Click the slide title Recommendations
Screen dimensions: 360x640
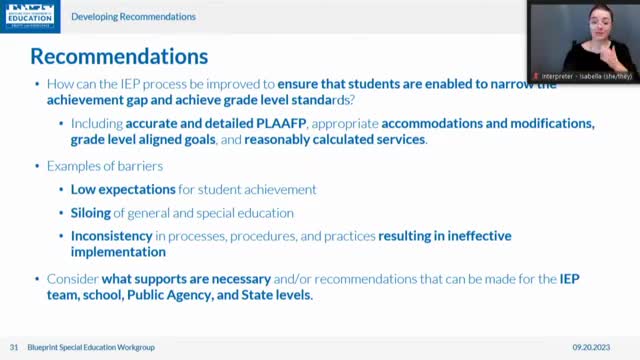[x=119, y=54]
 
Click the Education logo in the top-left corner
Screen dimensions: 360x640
[x=30, y=15]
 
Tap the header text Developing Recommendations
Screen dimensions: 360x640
[x=134, y=17]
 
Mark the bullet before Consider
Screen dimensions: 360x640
[x=37, y=278]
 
